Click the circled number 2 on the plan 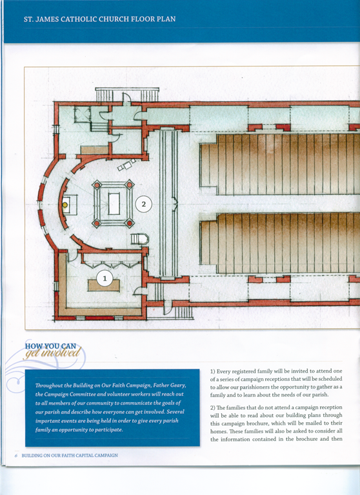pyautogui.click(x=143, y=204)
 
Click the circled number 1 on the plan pyautogui.click(x=105, y=278)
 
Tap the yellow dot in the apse pyautogui.click(x=65, y=205)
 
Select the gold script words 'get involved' pyautogui.click(x=53, y=353)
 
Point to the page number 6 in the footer pyautogui.click(x=15, y=456)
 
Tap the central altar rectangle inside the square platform pyautogui.click(x=114, y=204)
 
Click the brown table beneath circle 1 pyautogui.click(x=104, y=286)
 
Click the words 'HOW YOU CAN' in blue pyautogui.click(x=50, y=346)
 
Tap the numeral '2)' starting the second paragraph pyautogui.click(x=213, y=407)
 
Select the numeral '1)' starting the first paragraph pyautogui.click(x=213, y=371)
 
